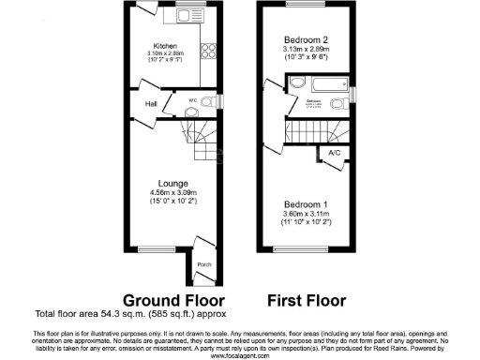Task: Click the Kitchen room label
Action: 166,46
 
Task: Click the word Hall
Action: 150,104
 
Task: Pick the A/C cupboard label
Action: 334,152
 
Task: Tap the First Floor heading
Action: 306,301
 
